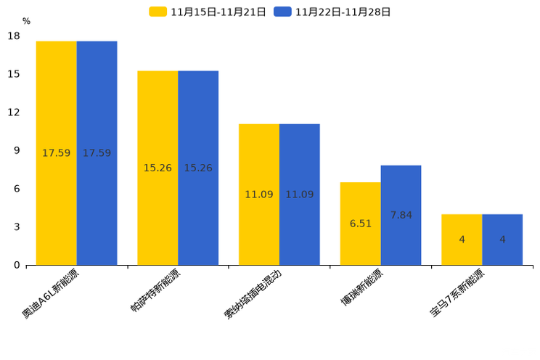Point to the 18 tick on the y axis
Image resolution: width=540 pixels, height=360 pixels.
pyautogui.click(x=13, y=36)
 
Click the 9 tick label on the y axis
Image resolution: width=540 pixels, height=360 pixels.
pyautogui.click(x=16, y=151)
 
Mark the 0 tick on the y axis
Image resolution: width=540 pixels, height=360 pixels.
pyautogui.click(x=16, y=266)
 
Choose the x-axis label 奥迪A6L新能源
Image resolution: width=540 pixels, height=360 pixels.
pyautogui.click(x=52, y=293)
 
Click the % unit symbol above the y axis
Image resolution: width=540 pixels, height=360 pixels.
pyautogui.click(x=26, y=22)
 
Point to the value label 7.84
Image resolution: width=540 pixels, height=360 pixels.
pyautogui.click(x=401, y=216)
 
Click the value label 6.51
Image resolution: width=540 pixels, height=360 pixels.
pyautogui.click(x=360, y=224)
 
